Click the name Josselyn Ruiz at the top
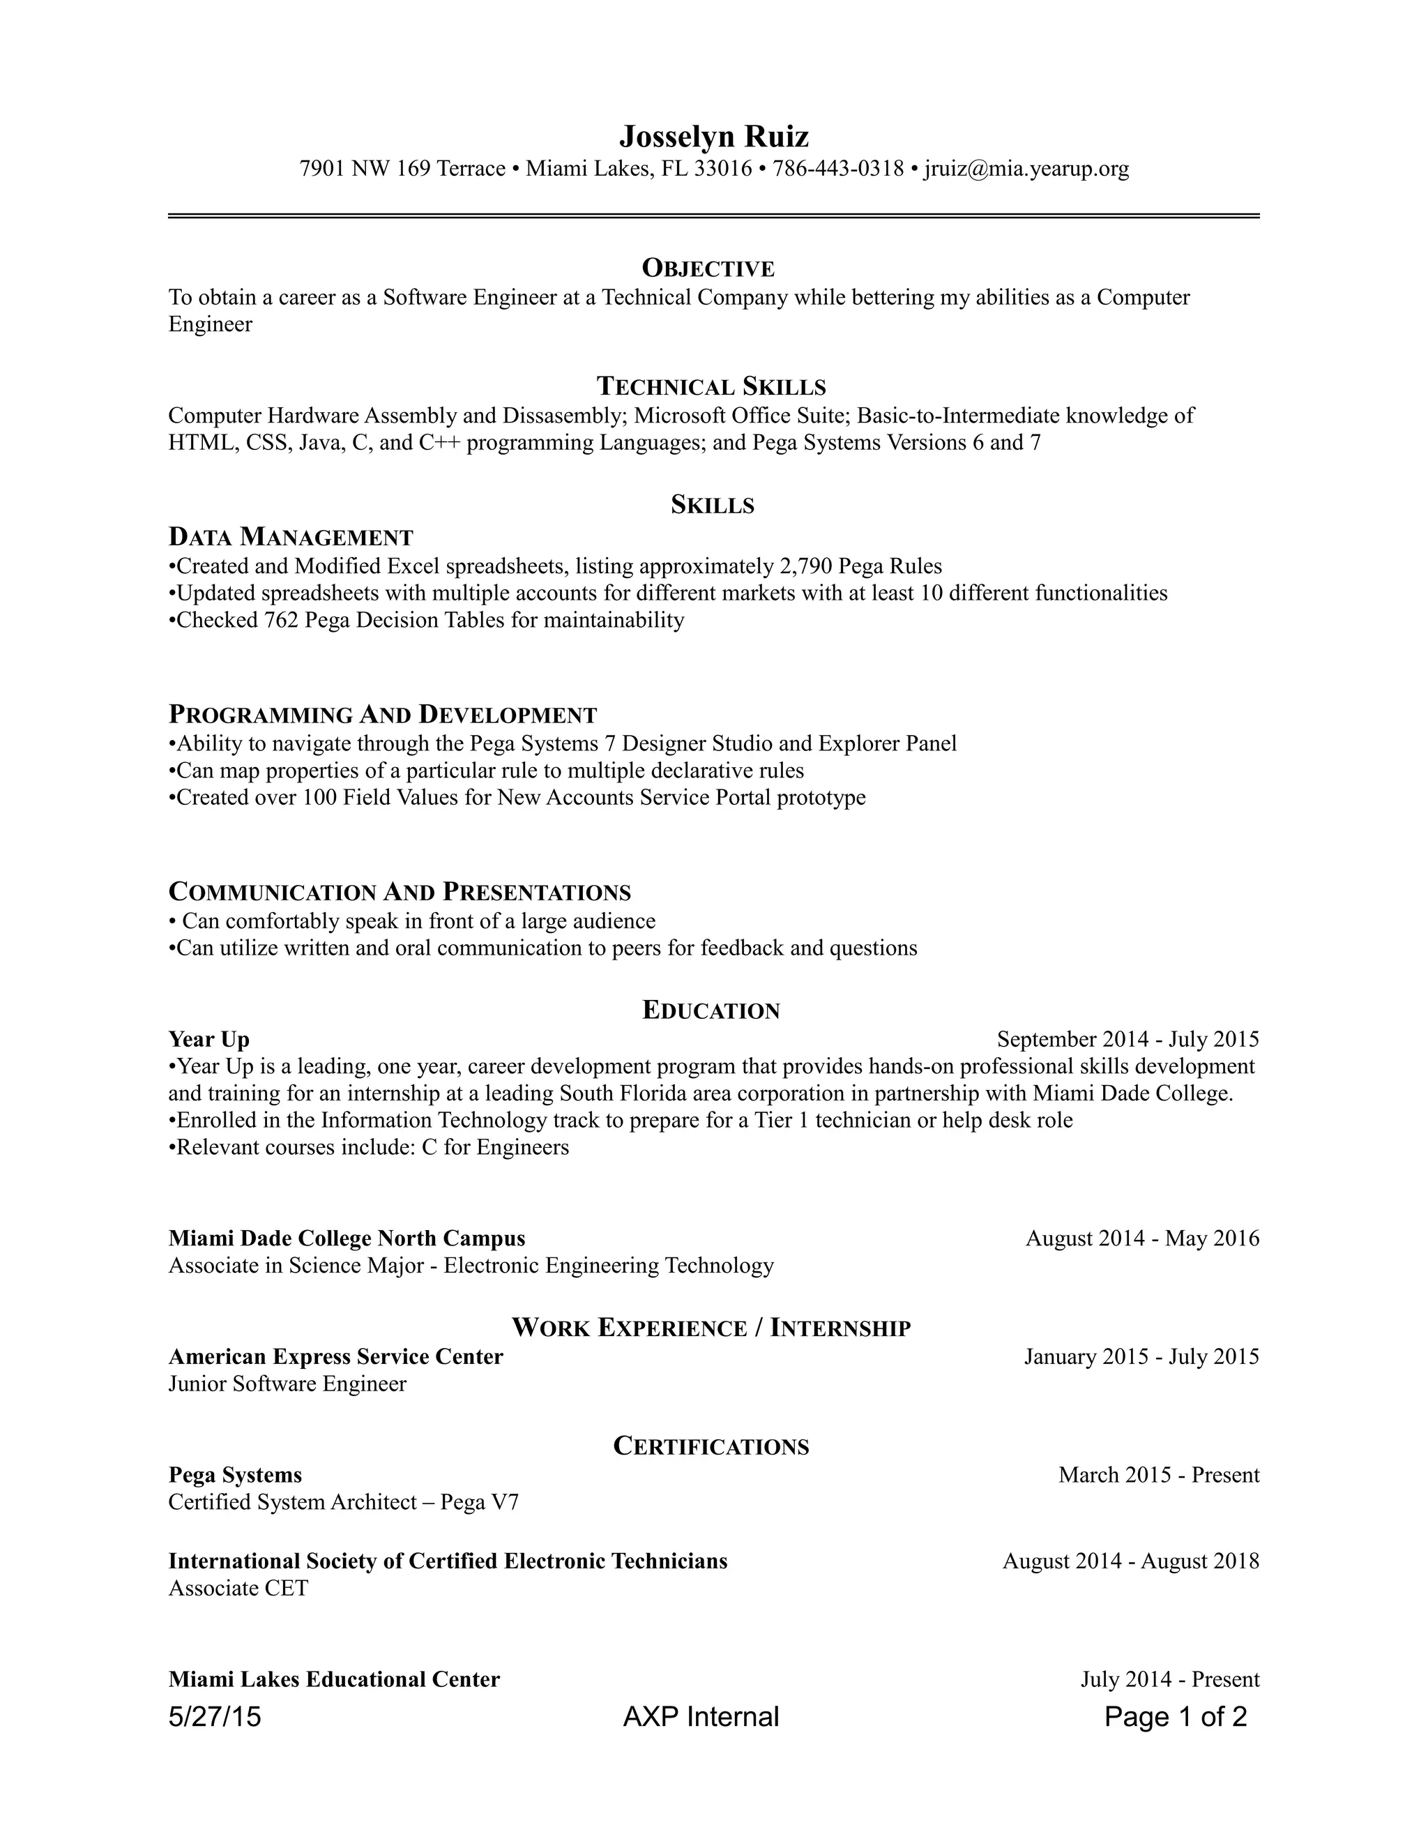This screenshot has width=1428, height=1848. click(713, 136)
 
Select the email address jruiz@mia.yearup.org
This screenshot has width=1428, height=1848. click(1026, 169)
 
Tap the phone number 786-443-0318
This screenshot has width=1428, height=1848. click(838, 169)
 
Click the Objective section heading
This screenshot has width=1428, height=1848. click(708, 268)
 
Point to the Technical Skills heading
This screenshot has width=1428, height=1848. click(711, 387)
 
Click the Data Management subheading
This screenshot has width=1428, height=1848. click(291, 537)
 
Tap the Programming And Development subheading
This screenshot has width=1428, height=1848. click(382, 715)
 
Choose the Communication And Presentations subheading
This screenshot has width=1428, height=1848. click(400, 892)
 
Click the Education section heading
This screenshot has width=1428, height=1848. click(711, 1010)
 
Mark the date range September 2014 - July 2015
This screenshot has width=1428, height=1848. click(1127, 1039)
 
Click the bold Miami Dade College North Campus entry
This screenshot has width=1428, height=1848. click(347, 1239)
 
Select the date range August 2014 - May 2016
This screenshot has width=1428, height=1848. click(1142, 1239)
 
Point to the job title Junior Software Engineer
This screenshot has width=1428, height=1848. click(288, 1384)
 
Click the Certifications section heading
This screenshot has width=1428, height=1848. click(711, 1447)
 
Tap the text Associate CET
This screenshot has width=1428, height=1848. click(238, 1588)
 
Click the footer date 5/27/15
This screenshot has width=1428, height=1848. click(215, 1717)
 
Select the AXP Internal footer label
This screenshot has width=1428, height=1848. click(701, 1717)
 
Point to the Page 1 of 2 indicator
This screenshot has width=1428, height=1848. click(1175, 1717)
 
